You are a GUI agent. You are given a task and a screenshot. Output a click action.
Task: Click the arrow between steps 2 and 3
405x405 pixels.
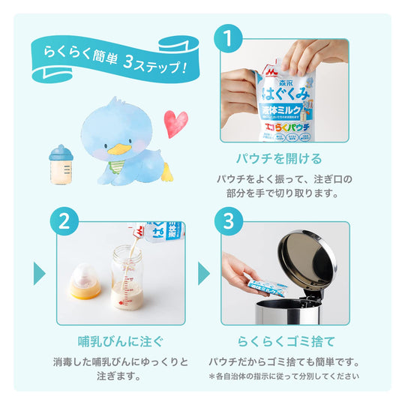[203, 273]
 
